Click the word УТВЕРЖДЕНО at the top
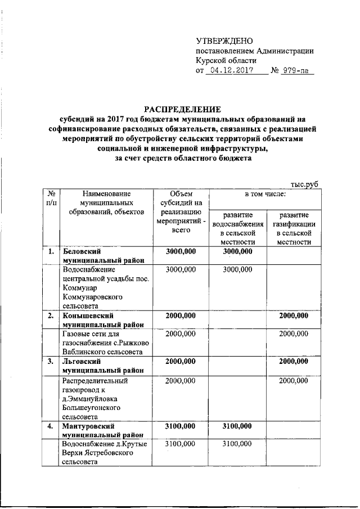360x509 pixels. click(224, 40)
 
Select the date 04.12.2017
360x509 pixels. click(231, 71)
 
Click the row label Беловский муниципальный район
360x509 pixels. click(102, 256)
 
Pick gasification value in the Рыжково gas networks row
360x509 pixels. click(293, 334)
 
